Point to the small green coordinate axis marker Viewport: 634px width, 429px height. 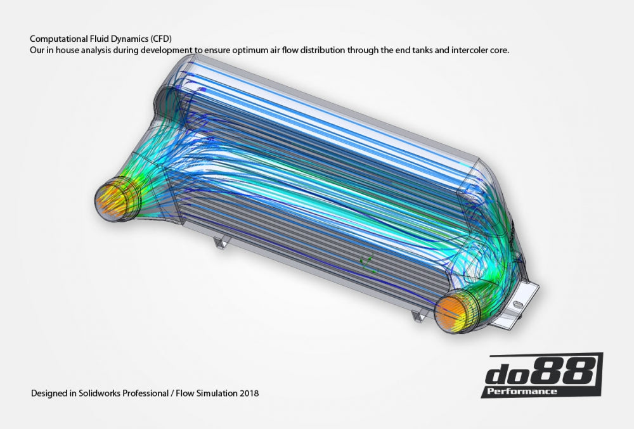pos(364,260)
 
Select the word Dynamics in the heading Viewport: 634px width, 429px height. pos(124,39)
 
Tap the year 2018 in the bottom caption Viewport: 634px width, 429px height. pos(249,394)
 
